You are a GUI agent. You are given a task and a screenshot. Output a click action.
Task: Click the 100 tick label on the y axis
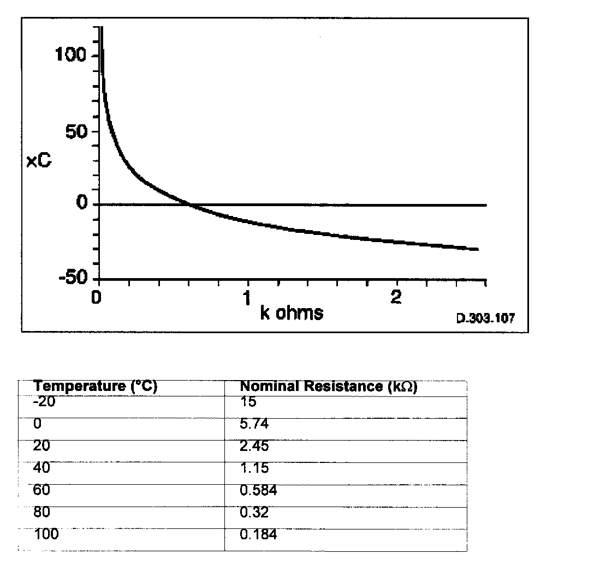70,55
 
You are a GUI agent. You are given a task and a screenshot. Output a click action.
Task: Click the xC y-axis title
39,162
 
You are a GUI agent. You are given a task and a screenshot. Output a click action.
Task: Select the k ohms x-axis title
291,313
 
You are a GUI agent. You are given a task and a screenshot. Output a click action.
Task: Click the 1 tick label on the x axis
248,298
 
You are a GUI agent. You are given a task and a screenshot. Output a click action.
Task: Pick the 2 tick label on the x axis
397,298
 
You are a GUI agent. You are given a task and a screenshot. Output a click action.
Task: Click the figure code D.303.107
485,318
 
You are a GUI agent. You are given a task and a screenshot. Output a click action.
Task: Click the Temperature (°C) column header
96,387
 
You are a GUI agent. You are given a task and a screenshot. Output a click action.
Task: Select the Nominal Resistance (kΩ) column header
329,387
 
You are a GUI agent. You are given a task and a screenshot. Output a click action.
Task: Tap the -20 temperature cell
45,402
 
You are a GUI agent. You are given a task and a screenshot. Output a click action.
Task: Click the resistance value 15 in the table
248,402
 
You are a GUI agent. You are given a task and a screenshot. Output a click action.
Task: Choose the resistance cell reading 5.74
254,424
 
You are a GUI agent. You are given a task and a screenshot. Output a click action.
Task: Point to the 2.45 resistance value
254,446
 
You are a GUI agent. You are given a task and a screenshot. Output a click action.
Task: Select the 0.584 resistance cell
258,490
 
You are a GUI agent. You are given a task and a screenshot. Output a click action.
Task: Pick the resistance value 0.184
258,534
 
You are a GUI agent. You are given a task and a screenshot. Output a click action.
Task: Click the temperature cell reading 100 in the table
46,534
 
